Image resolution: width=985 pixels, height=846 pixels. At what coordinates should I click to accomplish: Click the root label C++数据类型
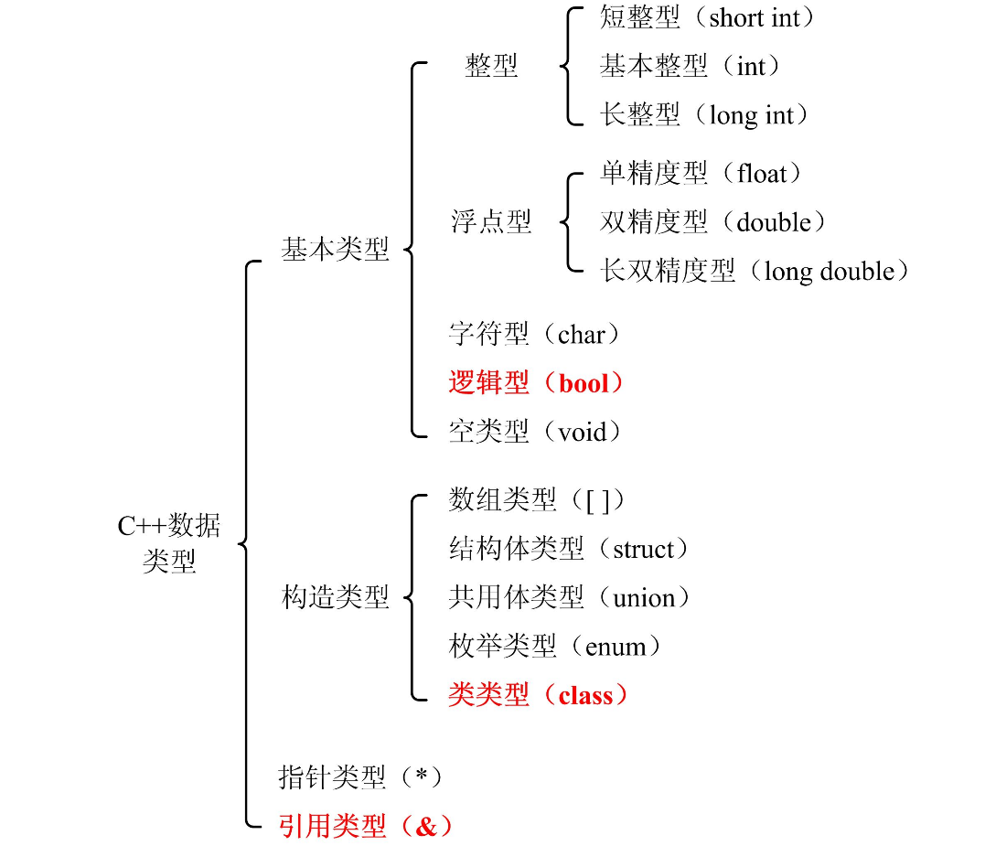click(169, 543)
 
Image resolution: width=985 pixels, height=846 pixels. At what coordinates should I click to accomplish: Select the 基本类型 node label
click(335, 250)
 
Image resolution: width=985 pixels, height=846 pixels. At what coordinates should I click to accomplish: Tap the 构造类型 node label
click(335, 598)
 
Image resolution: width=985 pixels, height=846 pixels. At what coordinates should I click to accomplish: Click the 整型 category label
click(491, 66)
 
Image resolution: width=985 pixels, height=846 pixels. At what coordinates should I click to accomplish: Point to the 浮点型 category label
click(491, 222)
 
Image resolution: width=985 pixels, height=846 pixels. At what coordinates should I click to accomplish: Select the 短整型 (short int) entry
click(707, 17)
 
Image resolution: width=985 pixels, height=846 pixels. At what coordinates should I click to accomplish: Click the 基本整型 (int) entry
click(691, 66)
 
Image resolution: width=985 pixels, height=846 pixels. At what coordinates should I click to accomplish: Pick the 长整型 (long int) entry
click(705, 115)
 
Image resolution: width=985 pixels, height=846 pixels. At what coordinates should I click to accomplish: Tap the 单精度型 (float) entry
click(701, 173)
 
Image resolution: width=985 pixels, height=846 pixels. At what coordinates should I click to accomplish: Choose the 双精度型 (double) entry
click(713, 222)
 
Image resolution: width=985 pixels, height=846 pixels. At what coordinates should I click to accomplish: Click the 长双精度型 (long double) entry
click(755, 271)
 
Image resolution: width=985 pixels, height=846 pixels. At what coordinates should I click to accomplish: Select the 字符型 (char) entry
click(535, 335)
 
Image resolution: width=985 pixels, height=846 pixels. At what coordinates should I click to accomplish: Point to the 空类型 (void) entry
click(536, 432)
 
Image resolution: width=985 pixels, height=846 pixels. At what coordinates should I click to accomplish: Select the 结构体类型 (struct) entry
click(568, 549)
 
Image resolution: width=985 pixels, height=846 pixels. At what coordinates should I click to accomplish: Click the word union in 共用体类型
click(644, 598)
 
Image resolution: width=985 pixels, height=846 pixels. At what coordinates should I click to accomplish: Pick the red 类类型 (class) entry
click(539, 695)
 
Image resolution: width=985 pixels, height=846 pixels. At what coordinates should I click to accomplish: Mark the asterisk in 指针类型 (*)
click(421, 776)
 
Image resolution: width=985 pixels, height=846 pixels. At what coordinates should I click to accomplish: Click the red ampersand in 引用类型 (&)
click(427, 827)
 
